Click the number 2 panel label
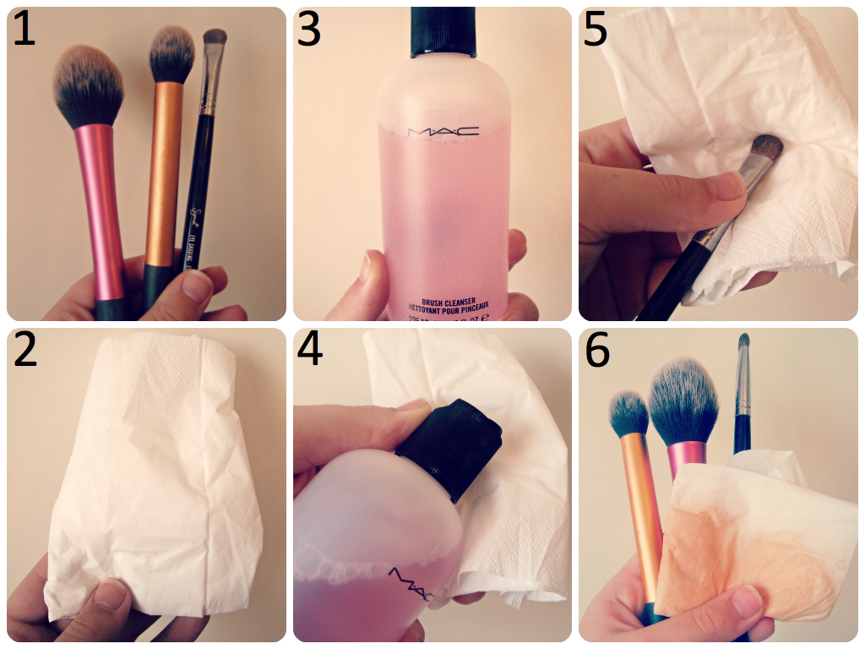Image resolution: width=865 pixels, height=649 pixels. pos(25,350)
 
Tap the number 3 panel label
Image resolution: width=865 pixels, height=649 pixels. pos(309,30)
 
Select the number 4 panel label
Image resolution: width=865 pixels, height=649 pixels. pos(310,350)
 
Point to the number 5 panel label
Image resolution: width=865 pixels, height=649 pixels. pos(596,30)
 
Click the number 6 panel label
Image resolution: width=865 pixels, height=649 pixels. pos(597,350)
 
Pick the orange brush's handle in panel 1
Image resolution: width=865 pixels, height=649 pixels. pos(162,169)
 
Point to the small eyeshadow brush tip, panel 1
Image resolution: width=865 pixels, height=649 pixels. pos(215,38)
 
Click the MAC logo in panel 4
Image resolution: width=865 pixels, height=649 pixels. pos(410,583)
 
